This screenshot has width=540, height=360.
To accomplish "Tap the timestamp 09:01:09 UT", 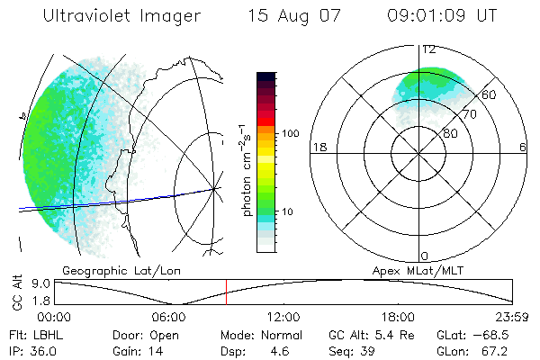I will pos(443,16).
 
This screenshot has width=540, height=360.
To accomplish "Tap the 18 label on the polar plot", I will pos(319,147).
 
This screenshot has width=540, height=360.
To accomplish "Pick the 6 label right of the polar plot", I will pos(522,147).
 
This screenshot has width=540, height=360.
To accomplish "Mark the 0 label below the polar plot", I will pos(425,256).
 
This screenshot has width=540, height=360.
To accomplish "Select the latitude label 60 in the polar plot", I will pos(490,94).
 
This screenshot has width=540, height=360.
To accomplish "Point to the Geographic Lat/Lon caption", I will pos(110,270).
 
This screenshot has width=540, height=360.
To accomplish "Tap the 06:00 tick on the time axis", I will pos(168,317).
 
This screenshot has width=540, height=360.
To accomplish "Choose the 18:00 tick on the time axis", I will pos(398,317).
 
